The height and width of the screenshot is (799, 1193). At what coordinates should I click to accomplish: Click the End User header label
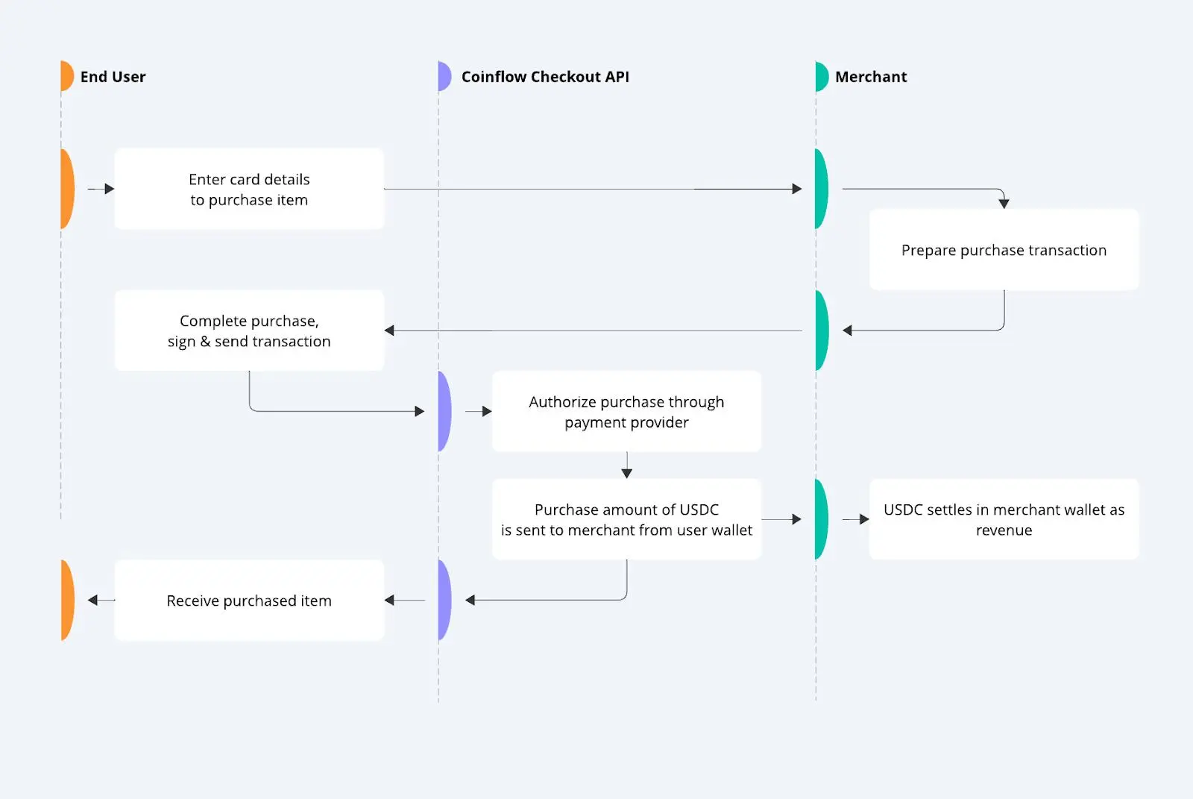pyautogui.click(x=113, y=77)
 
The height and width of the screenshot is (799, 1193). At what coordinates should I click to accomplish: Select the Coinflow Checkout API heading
pyautogui.click(x=545, y=77)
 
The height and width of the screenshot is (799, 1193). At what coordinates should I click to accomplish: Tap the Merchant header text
pyautogui.click(x=871, y=77)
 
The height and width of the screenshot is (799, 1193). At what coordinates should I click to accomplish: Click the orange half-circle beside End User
pyautogui.click(x=66, y=75)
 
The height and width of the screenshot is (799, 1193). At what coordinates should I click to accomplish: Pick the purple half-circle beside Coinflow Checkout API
pyautogui.click(x=444, y=75)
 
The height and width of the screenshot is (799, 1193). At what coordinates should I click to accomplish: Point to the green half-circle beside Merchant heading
pyautogui.click(x=822, y=76)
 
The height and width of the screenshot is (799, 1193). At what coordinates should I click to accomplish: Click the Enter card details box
pyautogui.click(x=249, y=189)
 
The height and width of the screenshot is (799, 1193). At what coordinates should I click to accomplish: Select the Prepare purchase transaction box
pyautogui.click(x=1004, y=249)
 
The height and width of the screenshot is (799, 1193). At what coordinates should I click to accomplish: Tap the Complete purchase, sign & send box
pyautogui.click(x=249, y=330)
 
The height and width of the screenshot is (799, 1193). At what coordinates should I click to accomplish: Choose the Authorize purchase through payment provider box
pyautogui.click(x=626, y=412)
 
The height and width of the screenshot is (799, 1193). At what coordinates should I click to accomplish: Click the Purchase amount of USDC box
pyautogui.click(x=626, y=519)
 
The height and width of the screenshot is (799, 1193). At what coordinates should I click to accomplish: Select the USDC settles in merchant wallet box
pyautogui.click(x=1004, y=519)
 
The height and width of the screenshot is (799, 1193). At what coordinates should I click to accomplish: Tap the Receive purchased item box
pyautogui.click(x=249, y=601)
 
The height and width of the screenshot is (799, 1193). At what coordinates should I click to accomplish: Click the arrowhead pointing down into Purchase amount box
pyautogui.click(x=627, y=473)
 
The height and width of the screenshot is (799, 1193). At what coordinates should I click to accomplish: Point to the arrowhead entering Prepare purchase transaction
pyautogui.click(x=1004, y=203)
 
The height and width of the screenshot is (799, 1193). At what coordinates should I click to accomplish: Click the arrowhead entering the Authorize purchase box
pyautogui.click(x=487, y=412)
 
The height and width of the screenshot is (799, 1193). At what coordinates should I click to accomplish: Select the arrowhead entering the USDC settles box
pyautogui.click(x=864, y=519)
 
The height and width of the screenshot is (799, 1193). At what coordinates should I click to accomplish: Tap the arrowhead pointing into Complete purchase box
pyautogui.click(x=389, y=330)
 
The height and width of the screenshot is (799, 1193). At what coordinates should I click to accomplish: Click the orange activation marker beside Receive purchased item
pyautogui.click(x=67, y=601)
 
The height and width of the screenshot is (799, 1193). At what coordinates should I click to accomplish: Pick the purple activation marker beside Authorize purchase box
pyautogui.click(x=444, y=412)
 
